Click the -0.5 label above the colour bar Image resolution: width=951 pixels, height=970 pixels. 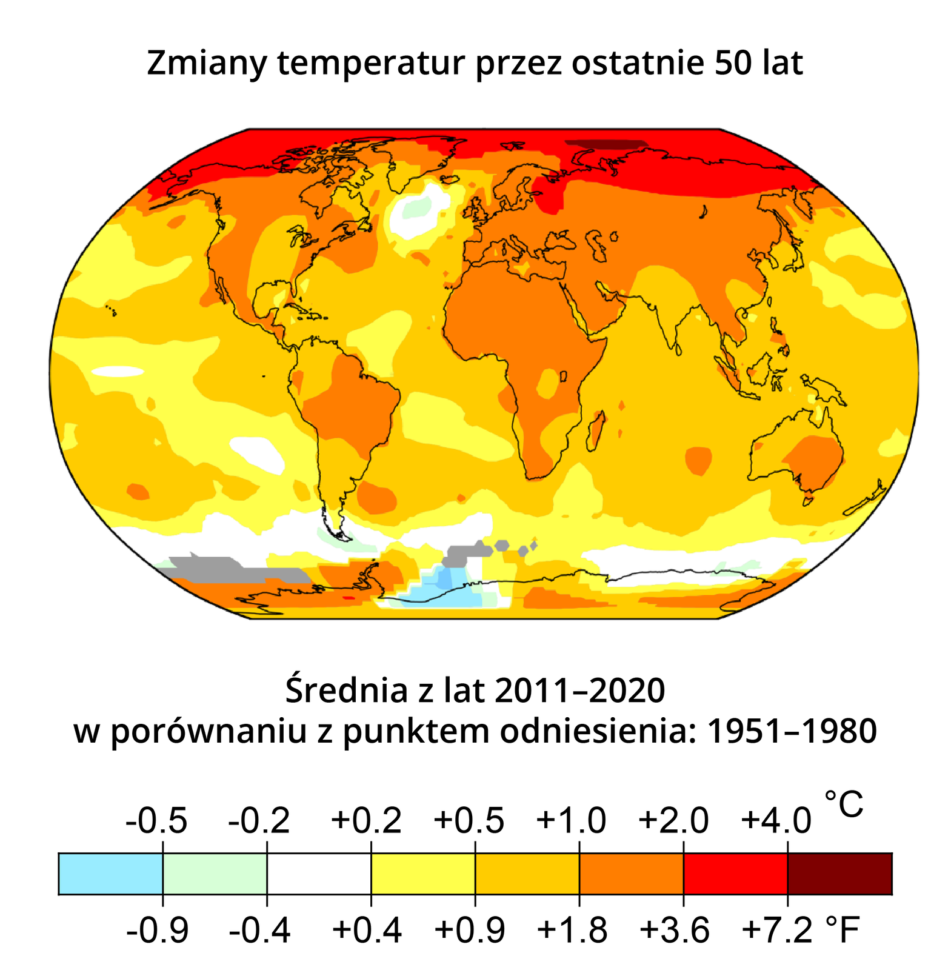156,821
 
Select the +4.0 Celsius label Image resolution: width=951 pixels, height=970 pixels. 776,821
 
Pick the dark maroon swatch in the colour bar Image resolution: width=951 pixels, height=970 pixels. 839,873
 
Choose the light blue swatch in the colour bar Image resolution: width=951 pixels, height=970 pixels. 110,873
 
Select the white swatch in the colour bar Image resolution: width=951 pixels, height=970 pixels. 319,873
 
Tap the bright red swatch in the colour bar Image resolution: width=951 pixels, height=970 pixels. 735,873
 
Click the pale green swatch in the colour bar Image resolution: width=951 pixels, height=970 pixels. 215,873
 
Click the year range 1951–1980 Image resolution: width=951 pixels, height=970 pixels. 792,731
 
